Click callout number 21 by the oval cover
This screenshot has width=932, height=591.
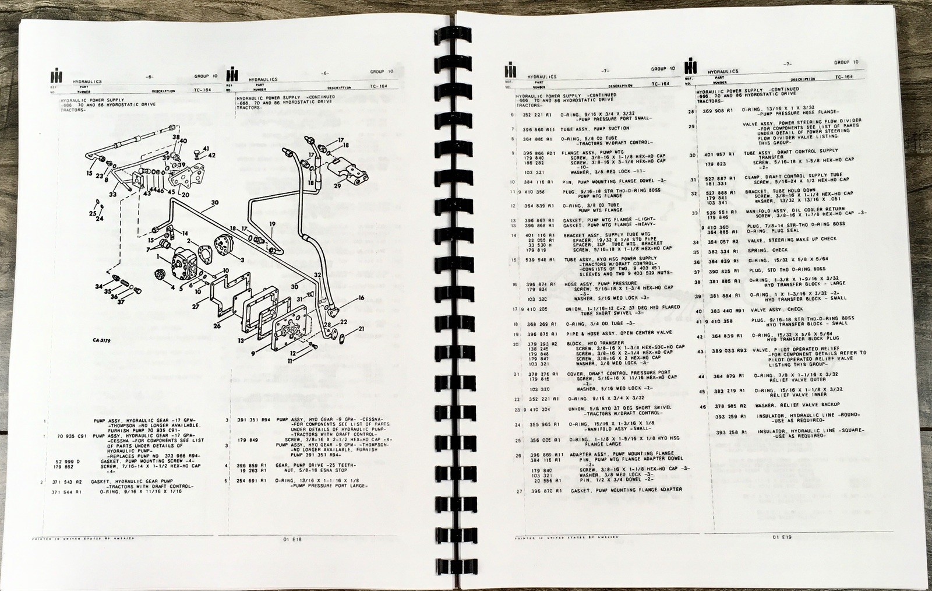[361, 329]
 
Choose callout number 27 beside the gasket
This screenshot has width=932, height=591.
[196, 305]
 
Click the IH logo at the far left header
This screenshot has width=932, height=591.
[57, 76]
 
